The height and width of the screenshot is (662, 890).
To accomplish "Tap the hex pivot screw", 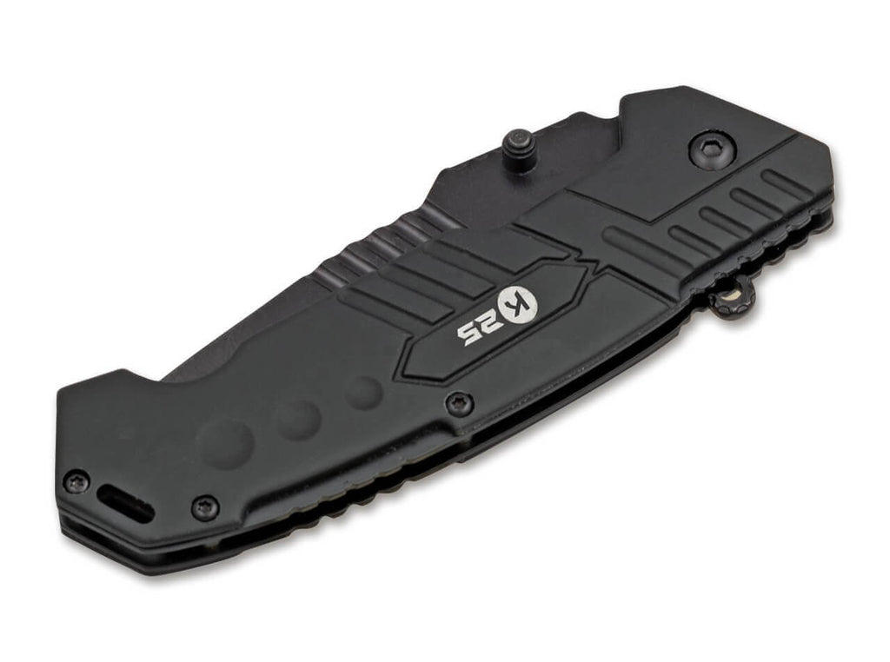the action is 713,149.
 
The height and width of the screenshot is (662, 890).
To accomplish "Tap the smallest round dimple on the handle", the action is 364,393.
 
